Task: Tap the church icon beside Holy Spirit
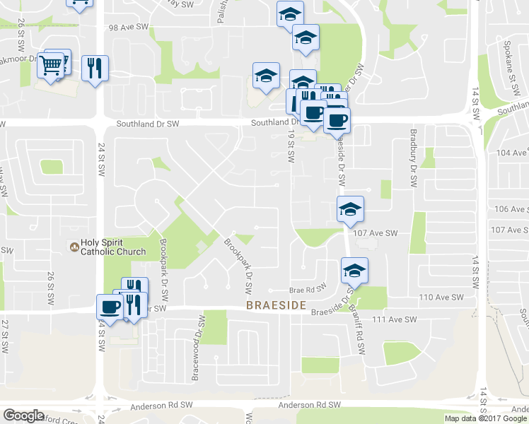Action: pos(73,247)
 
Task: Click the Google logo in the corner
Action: pos(23,416)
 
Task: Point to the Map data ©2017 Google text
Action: pos(485,418)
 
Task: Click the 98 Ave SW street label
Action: pos(128,27)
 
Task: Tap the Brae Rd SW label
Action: pos(307,289)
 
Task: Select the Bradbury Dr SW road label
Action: pos(414,158)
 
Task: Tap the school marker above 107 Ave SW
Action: pos(350,210)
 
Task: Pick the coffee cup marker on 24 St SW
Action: pos(110,307)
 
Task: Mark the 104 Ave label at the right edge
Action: pos(513,153)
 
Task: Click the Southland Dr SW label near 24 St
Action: pos(149,124)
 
